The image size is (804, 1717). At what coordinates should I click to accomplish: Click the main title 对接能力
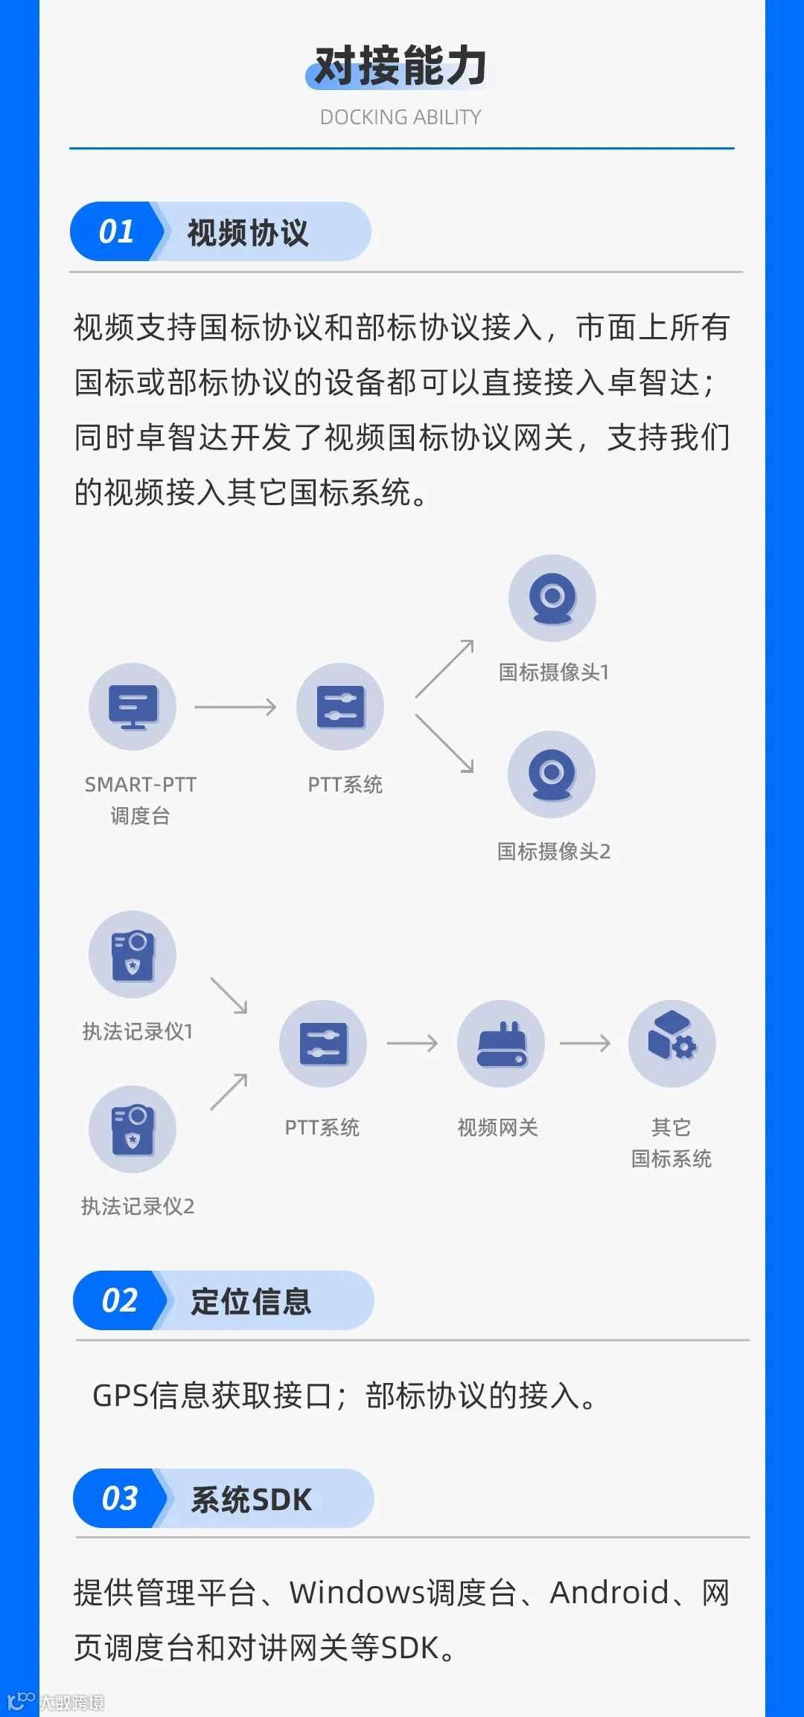pos(401,67)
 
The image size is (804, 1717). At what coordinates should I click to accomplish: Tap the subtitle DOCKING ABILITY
pos(401,118)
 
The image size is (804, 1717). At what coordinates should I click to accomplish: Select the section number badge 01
pos(116,231)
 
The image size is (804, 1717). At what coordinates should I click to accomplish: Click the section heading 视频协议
pos(248,233)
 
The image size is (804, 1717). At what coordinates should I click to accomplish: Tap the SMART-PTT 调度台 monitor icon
pos(133,706)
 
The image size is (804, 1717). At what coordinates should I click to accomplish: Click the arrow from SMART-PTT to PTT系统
pos(235,707)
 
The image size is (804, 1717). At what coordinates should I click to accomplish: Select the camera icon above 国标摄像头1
pos(552,597)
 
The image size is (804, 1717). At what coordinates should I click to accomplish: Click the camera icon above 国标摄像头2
pos(552,774)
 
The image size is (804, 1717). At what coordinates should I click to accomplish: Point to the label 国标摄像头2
pos(554,851)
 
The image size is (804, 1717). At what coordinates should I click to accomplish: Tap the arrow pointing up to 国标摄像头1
pos(444,668)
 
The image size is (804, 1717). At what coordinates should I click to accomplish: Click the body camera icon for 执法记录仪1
pos(133,954)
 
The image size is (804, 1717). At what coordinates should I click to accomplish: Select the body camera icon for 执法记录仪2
pos(133,1129)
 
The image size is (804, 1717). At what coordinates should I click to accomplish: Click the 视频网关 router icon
pos(501,1043)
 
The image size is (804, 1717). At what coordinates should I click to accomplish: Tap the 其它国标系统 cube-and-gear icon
pos(671,1043)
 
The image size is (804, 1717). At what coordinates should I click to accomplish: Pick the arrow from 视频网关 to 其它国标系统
pos(585,1043)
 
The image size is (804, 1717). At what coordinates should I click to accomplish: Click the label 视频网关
pos(497,1127)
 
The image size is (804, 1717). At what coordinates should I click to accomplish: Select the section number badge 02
pos(119,1300)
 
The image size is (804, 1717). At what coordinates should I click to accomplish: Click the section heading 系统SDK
pos(252,1499)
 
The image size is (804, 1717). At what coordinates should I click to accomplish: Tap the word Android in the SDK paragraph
pos(609,1593)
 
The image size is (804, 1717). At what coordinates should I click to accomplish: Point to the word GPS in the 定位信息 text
pos(121,1396)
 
